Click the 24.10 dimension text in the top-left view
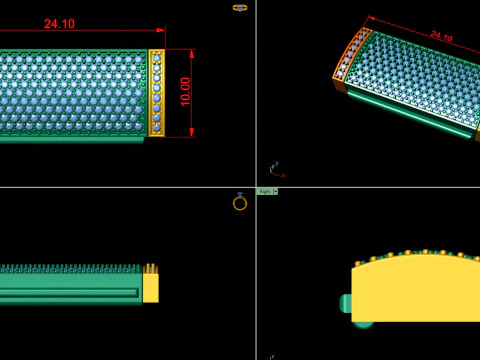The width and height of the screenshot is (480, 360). click(x=59, y=24)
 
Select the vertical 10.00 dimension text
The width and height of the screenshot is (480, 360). click(x=186, y=91)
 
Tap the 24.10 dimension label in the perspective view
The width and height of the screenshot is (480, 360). click(x=441, y=36)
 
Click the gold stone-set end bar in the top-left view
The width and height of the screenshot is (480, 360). click(x=156, y=92)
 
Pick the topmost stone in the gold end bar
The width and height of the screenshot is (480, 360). click(x=156, y=56)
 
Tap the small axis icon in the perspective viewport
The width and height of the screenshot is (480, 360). click(x=274, y=169)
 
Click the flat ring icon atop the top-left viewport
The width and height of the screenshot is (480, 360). click(x=240, y=7)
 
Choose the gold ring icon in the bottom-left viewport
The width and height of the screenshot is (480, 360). click(x=240, y=202)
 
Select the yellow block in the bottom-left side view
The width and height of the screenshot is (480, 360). click(x=151, y=288)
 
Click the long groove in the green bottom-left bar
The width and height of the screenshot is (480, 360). click(x=70, y=292)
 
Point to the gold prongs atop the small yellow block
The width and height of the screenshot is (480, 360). click(x=151, y=268)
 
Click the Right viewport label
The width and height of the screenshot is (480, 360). click(x=264, y=191)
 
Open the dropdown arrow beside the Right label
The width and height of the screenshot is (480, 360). click(x=275, y=191)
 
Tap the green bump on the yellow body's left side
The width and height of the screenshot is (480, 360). click(x=346, y=303)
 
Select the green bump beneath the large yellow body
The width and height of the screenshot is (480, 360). click(x=364, y=323)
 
